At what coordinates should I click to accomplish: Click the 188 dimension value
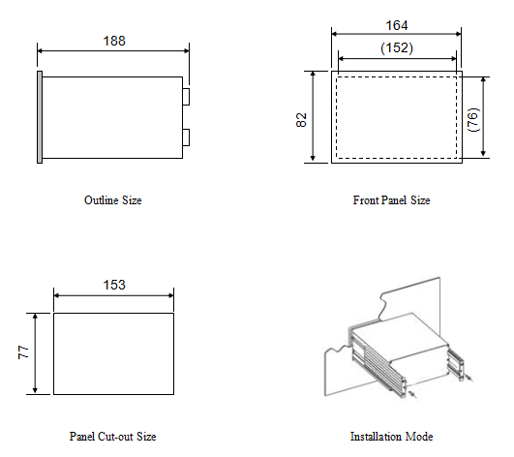click(x=114, y=41)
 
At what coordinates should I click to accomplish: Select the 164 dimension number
click(x=397, y=25)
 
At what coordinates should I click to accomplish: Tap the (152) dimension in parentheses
click(x=397, y=47)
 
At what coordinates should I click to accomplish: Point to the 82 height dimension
click(x=301, y=120)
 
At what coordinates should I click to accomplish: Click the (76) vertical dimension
click(x=473, y=120)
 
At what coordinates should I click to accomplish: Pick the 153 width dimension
click(x=114, y=285)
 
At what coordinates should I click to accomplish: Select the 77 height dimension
click(x=23, y=352)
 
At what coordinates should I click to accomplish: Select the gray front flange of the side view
click(x=40, y=117)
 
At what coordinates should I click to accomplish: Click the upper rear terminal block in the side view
click(x=186, y=97)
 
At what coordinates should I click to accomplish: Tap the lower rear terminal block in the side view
click(x=186, y=137)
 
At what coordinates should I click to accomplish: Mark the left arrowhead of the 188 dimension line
click(x=40, y=50)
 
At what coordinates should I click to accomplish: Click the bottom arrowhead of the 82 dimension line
click(x=313, y=159)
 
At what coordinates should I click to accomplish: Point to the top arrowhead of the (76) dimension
click(x=483, y=80)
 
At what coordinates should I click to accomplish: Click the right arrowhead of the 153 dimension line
click(x=171, y=295)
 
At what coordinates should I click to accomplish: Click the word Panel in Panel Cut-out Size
click(x=82, y=437)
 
